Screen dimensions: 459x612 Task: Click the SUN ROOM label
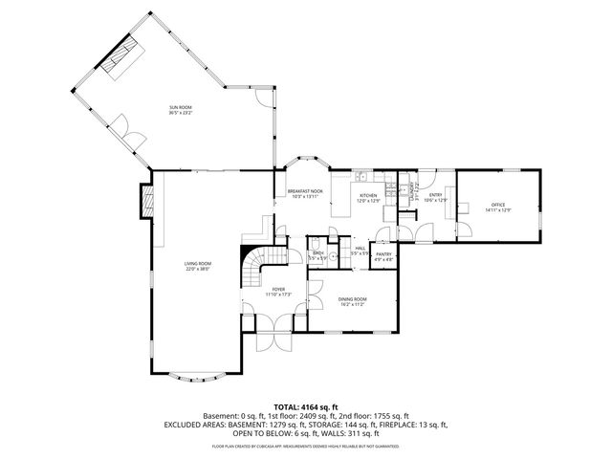[180, 108]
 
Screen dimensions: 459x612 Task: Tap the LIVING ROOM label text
[197, 266]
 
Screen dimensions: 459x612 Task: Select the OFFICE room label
[497, 205]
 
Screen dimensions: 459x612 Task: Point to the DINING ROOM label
[352, 299]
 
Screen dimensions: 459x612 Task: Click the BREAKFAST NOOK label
[305, 191]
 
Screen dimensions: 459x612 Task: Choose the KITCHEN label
[368, 196]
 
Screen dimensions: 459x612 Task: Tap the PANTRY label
[382, 254]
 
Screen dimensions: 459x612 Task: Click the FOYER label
[278, 290]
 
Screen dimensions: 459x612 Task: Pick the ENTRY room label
[435, 196]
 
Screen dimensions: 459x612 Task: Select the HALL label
[361, 248]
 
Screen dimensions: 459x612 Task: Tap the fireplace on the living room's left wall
[146, 200]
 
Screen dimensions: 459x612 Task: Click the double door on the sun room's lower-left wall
[121, 128]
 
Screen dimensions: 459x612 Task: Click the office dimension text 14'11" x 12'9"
[497, 210]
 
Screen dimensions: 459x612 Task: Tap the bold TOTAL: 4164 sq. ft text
[306, 406]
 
